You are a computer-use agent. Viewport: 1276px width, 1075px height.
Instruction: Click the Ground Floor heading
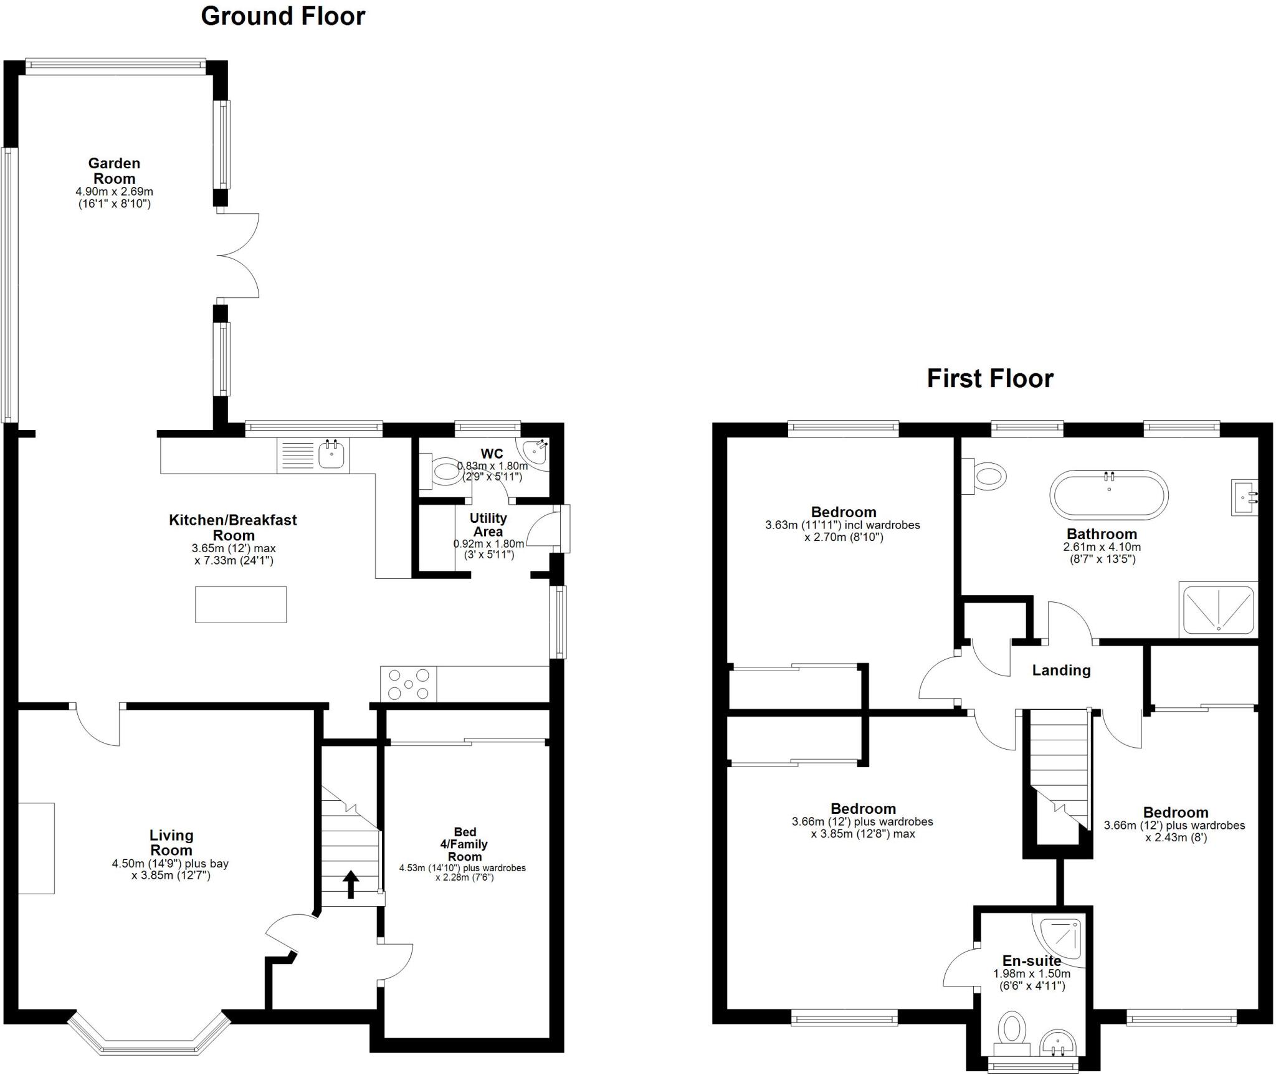click(282, 16)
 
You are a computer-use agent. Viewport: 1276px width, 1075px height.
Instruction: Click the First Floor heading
click(989, 378)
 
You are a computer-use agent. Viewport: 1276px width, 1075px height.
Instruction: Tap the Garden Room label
click(114, 171)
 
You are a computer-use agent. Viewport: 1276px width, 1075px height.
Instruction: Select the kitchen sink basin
click(333, 454)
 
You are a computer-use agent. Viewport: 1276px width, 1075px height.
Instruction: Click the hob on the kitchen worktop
click(408, 684)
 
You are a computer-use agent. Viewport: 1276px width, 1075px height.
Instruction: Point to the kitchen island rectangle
click(240, 604)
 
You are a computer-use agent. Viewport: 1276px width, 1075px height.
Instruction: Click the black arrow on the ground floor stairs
click(351, 884)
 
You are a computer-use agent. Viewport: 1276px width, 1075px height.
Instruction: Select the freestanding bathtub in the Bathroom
click(1109, 495)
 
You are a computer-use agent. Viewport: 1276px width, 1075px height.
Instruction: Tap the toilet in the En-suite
click(1012, 1031)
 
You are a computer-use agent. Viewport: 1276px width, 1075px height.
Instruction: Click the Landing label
click(1061, 670)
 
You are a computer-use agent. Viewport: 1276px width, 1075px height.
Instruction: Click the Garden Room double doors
click(238, 256)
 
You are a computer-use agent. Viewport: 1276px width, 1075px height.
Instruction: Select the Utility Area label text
click(488, 525)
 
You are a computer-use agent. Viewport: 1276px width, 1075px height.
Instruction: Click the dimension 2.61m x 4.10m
click(1102, 547)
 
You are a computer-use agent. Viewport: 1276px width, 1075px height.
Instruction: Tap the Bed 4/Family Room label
click(465, 844)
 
